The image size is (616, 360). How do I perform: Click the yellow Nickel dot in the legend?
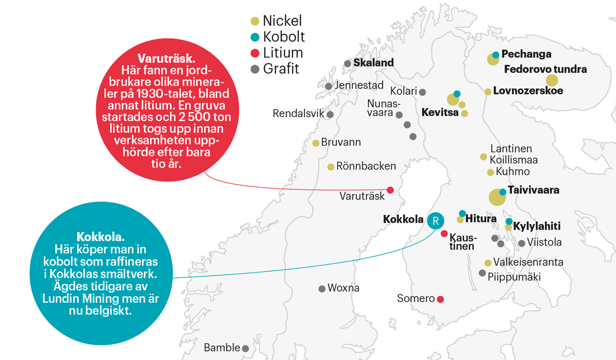(x=255, y=21)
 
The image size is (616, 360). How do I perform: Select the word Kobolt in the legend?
(x=284, y=37)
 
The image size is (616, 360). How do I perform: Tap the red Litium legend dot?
(x=255, y=53)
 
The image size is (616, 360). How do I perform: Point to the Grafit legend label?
(x=281, y=69)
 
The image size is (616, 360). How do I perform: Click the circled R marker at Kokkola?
(x=435, y=221)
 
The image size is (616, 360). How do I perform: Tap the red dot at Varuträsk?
(x=390, y=190)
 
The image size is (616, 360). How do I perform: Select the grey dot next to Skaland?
(x=348, y=64)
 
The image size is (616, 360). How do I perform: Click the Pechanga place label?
(x=526, y=54)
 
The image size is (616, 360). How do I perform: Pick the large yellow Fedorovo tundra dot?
(x=552, y=81)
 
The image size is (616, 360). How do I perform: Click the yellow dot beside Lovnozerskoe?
(x=488, y=91)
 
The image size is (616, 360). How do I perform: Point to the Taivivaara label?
(x=533, y=190)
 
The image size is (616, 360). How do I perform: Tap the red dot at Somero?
(x=441, y=299)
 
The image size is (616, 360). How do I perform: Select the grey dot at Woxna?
(x=322, y=289)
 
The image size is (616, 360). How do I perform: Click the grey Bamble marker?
(x=245, y=348)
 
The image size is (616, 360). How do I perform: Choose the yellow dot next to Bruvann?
(x=316, y=143)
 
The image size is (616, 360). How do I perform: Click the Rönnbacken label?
(x=367, y=166)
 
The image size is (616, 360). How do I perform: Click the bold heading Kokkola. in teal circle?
(x=100, y=236)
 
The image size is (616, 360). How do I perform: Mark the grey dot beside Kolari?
(x=423, y=92)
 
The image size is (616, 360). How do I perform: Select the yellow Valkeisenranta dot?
(x=488, y=263)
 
